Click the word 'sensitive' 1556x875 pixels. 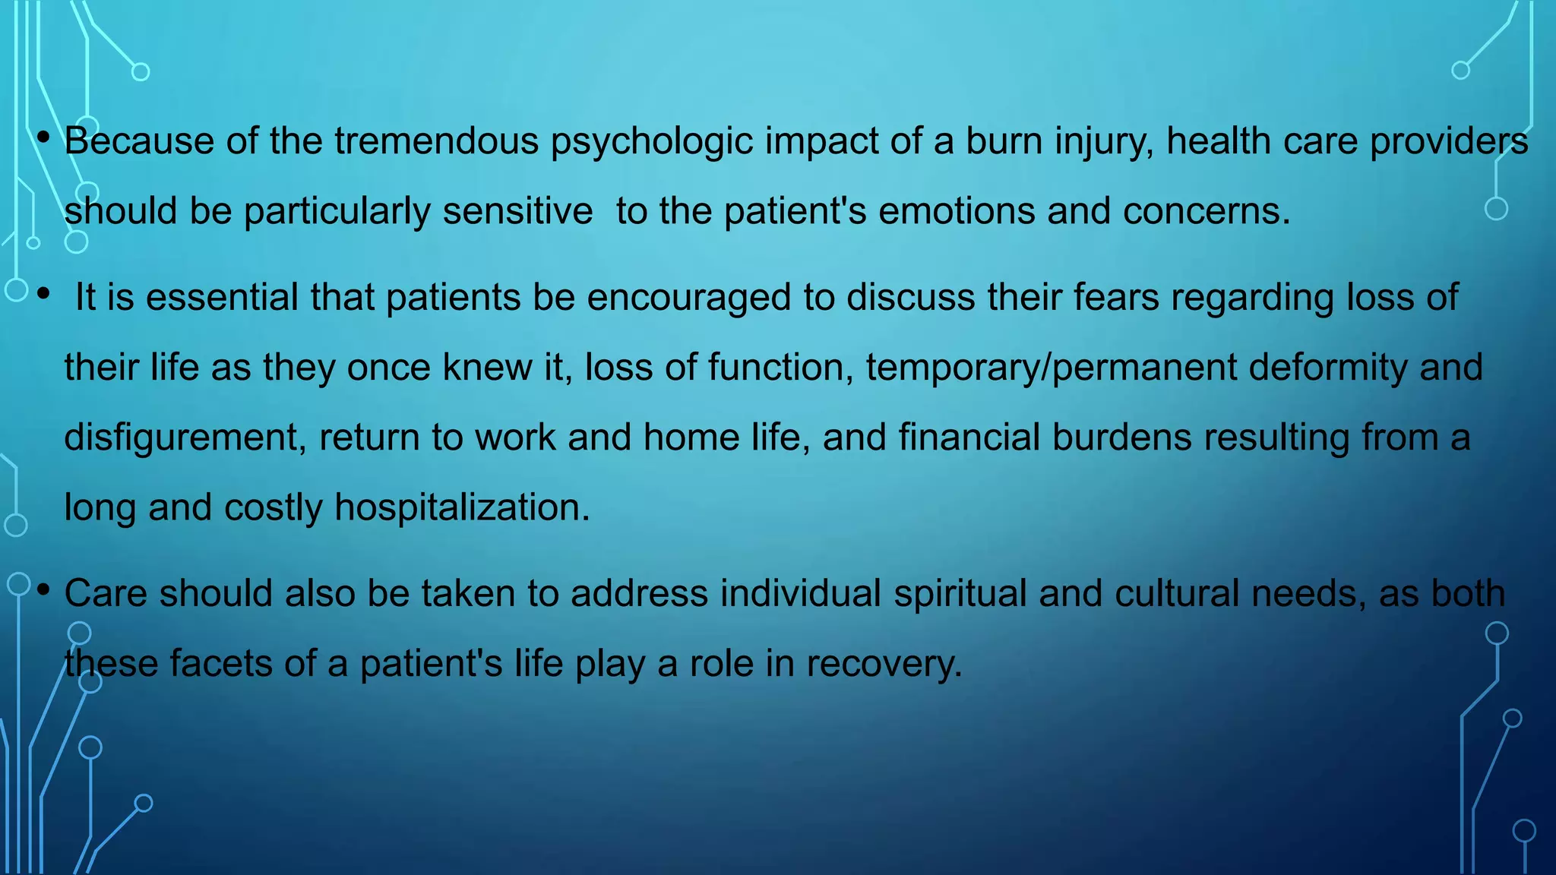tap(517, 211)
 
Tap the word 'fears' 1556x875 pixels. tap(1116, 297)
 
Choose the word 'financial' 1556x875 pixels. tap(969, 437)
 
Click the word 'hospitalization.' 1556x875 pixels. tap(462, 508)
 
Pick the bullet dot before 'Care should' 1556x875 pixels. tap(43, 589)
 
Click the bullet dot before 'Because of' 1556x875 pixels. tap(43, 137)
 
